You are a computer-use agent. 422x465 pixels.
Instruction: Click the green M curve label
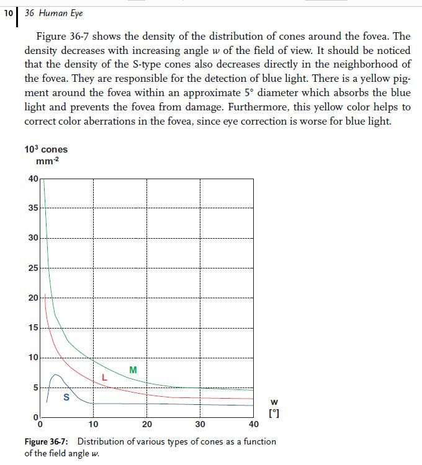(x=133, y=370)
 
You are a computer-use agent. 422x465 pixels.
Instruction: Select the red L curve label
(x=104, y=377)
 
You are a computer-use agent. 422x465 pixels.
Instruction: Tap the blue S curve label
(x=66, y=397)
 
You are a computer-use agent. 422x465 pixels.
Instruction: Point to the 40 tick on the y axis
(x=32, y=179)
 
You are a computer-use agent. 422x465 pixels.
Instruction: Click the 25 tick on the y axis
(x=32, y=268)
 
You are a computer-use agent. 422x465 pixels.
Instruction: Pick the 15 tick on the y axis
(x=32, y=327)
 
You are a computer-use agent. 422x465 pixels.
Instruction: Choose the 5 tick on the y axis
(x=34, y=387)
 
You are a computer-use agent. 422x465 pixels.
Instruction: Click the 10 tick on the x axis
(x=93, y=425)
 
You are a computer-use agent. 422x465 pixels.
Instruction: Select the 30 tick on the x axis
(x=200, y=425)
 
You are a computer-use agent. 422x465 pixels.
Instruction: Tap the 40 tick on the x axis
(x=253, y=425)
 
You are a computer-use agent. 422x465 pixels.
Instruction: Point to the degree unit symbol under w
(x=273, y=414)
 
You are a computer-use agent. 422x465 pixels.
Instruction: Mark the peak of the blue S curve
(x=56, y=374)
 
